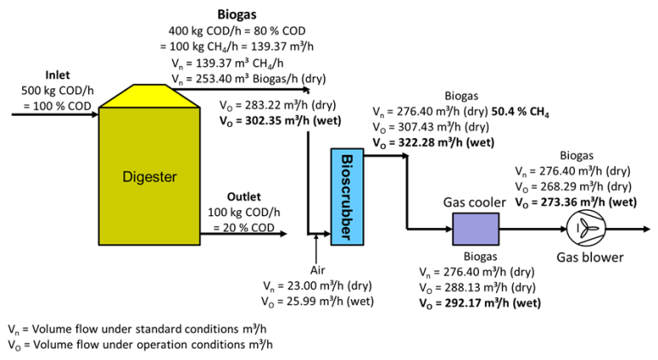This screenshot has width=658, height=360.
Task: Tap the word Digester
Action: (x=149, y=177)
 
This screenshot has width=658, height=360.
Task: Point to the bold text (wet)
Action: (x=326, y=121)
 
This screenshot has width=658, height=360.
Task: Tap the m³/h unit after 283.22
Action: (x=294, y=105)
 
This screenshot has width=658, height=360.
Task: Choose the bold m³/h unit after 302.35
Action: (x=297, y=121)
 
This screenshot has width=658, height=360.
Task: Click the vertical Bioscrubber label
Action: (x=347, y=197)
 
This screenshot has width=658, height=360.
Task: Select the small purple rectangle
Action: (x=476, y=229)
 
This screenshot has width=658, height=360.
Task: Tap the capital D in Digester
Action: (x=128, y=177)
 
